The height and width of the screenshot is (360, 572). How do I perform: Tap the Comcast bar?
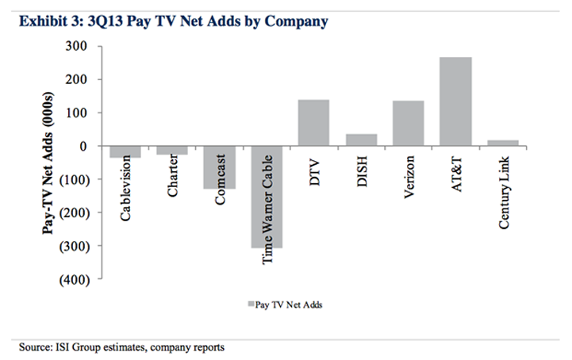[219, 167]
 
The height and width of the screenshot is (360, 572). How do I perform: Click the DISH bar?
[361, 140]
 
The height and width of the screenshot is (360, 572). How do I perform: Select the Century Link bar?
[502, 144]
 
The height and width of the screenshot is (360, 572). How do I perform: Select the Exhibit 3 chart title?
[169, 21]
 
